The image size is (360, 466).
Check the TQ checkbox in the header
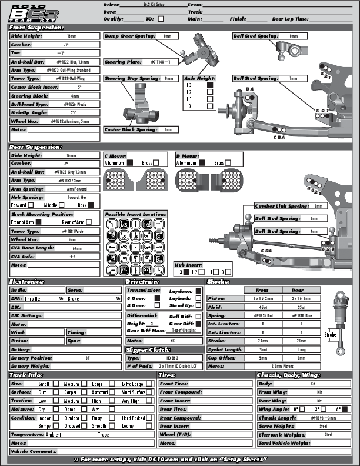coord(161,19)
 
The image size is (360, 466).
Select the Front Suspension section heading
coord(36,27)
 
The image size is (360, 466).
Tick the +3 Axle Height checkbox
coord(209,85)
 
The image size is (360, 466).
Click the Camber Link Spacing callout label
coord(281,207)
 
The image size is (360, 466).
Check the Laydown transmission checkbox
coord(198,290)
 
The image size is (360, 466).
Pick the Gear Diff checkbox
coord(198,324)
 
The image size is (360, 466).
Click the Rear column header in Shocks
coord(298,290)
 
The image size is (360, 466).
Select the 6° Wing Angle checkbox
coord(344,408)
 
